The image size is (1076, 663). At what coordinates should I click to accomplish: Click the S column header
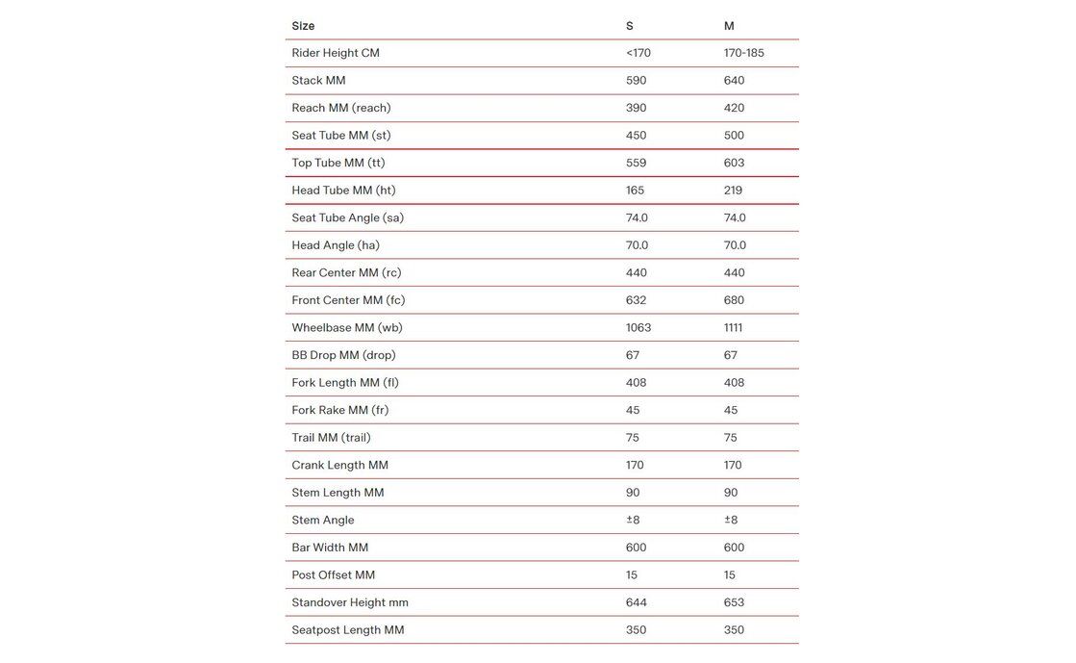pos(630,26)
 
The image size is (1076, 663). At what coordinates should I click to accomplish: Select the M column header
pos(729,26)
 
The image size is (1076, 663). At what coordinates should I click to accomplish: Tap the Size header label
pos(303,26)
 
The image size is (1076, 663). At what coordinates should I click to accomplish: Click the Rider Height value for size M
pos(743,53)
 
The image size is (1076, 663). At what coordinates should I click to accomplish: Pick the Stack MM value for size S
pos(636,81)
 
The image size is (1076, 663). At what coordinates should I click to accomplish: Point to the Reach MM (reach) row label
pos(341,108)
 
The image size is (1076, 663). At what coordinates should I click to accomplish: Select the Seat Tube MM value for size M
pos(734,136)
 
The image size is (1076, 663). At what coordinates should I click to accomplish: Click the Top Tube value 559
pos(636,163)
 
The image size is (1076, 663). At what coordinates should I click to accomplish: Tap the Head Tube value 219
pos(733,191)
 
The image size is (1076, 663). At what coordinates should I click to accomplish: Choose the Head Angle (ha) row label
pos(336,245)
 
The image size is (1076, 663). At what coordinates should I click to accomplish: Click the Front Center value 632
pos(637,300)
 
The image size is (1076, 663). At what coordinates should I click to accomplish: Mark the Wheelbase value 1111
pos(733,328)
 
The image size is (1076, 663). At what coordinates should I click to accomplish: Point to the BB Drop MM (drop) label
pos(343,355)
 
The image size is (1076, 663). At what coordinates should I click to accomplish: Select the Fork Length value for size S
pos(636,383)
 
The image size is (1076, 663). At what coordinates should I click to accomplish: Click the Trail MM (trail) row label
pos(331,438)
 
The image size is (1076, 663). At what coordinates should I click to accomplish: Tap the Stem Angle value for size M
pos(731,521)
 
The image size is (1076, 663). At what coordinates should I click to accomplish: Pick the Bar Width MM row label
pos(330,548)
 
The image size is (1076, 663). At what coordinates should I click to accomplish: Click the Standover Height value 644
pos(636,603)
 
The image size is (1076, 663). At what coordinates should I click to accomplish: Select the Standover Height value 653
pos(734,603)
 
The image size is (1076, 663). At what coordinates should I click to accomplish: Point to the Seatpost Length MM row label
pos(347,630)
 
